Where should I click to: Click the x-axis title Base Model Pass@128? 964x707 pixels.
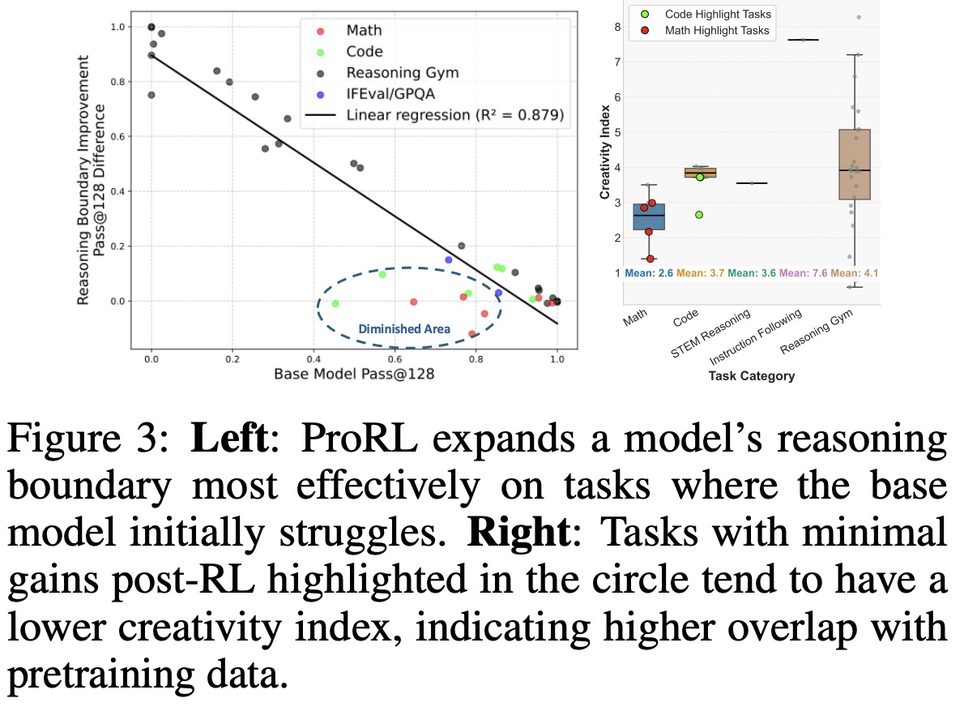pos(353,374)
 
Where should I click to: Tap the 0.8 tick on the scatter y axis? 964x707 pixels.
pos(117,82)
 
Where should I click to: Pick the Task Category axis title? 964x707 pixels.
pos(751,376)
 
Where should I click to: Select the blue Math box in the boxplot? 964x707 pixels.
pos(648,217)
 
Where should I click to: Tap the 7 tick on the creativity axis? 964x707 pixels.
pos(617,62)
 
